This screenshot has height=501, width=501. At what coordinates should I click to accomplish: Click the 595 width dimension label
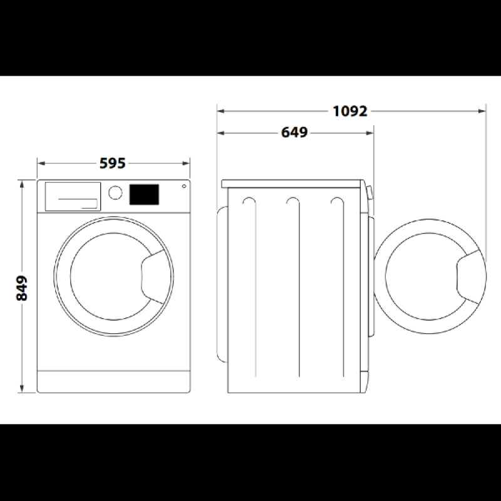click(113, 163)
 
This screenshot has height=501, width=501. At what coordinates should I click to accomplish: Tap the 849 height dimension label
click(22, 288)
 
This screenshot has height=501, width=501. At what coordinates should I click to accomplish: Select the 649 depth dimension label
click(294, 132)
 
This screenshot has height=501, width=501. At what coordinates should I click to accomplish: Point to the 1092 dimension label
click(350, 111)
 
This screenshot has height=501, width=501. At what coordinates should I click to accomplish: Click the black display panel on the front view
click(144, 194)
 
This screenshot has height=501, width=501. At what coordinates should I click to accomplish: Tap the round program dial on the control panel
click(115, 193)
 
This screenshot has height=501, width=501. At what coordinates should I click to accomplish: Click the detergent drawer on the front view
click(73, 197)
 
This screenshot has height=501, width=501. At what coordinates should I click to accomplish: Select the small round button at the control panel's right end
click(184, 186)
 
